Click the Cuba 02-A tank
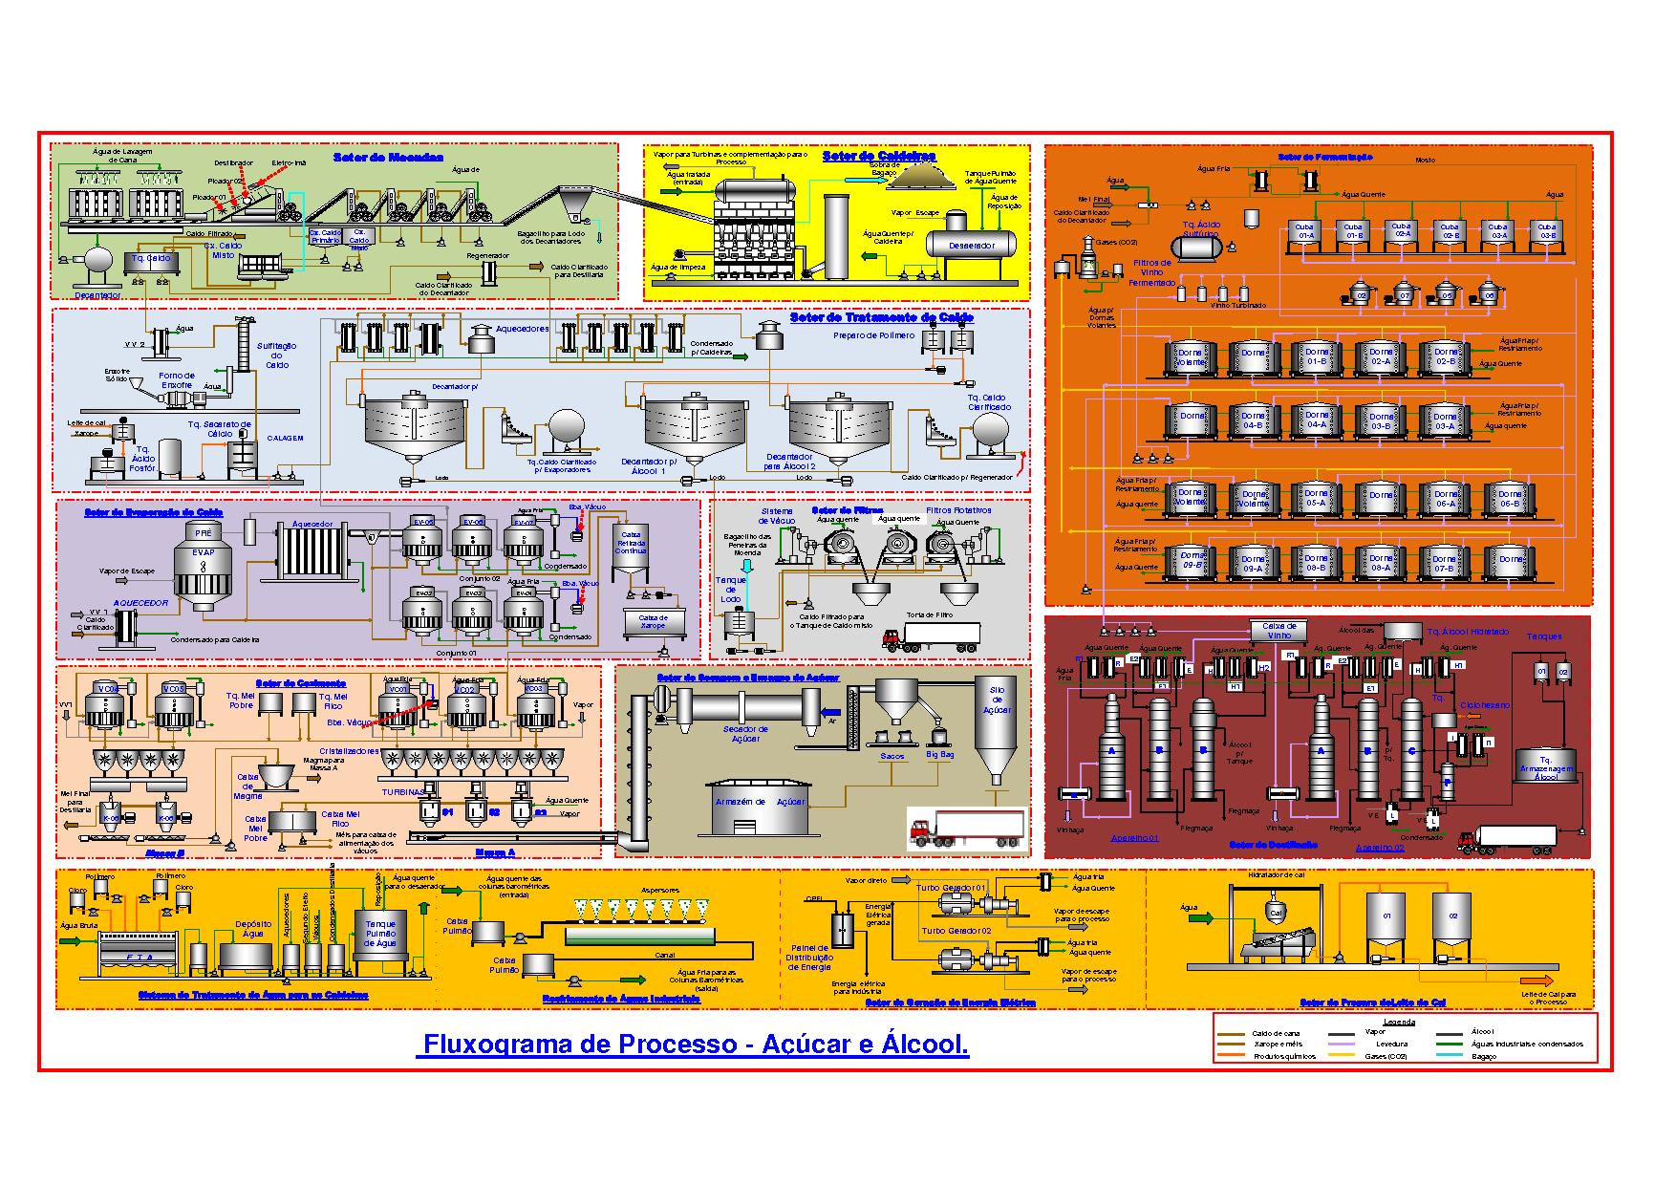1403,232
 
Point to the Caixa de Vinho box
1278,631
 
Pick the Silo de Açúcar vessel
997,736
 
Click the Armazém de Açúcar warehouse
761,806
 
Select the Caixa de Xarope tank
654,621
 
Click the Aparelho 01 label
1134,838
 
